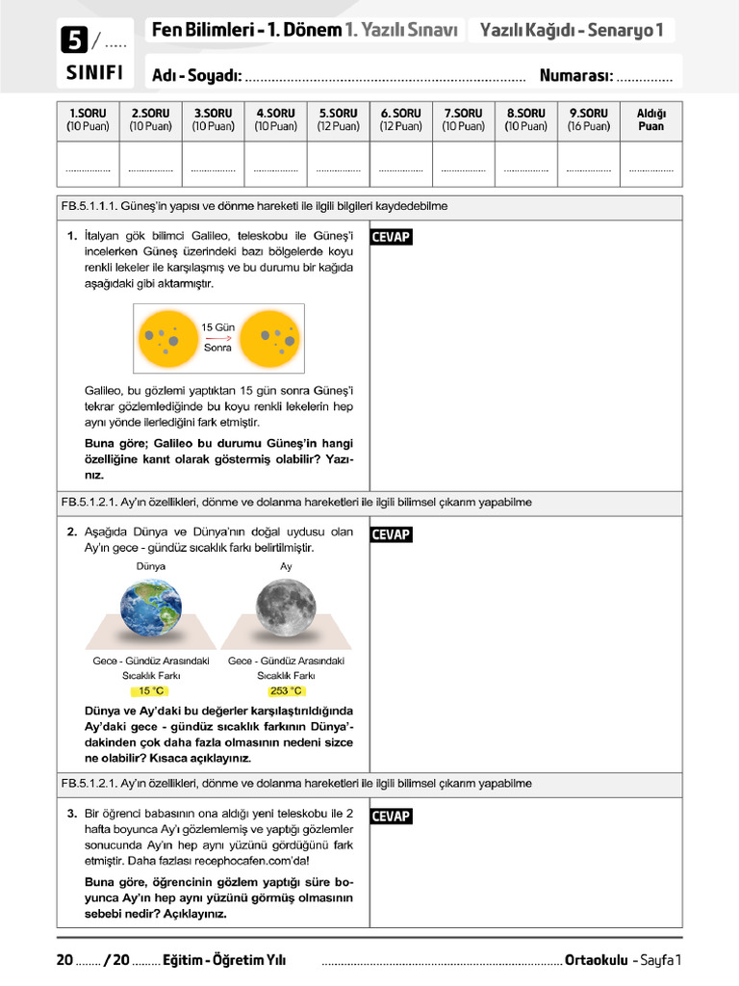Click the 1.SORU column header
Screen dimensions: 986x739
[x=88, y=119]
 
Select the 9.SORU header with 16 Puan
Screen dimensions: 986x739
[x=588, y=119]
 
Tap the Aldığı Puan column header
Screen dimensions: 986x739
[x=651, y=119]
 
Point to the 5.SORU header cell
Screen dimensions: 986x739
[x=338, y=119]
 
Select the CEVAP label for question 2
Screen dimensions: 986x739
[x=391, y=534]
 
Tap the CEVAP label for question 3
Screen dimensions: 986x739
[x=391, y=817]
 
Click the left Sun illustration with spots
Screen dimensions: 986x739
[x=165, y=338]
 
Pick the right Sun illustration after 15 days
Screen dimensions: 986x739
[x=271, y=338]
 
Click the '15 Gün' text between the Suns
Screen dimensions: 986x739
[x=217, y=327]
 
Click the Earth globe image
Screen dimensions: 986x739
[x=149, y=608]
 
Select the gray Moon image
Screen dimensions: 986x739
[x=286, y=608]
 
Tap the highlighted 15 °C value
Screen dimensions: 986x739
[x=151, y=691]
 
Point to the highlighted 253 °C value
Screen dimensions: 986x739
[x=286, y=691]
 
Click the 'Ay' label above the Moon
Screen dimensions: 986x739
[x=286, y=566]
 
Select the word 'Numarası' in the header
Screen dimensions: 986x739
[x=575, y=75]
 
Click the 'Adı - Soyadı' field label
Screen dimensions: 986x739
[x=196, y=75]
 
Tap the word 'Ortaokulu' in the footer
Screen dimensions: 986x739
[x=597, y=959]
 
